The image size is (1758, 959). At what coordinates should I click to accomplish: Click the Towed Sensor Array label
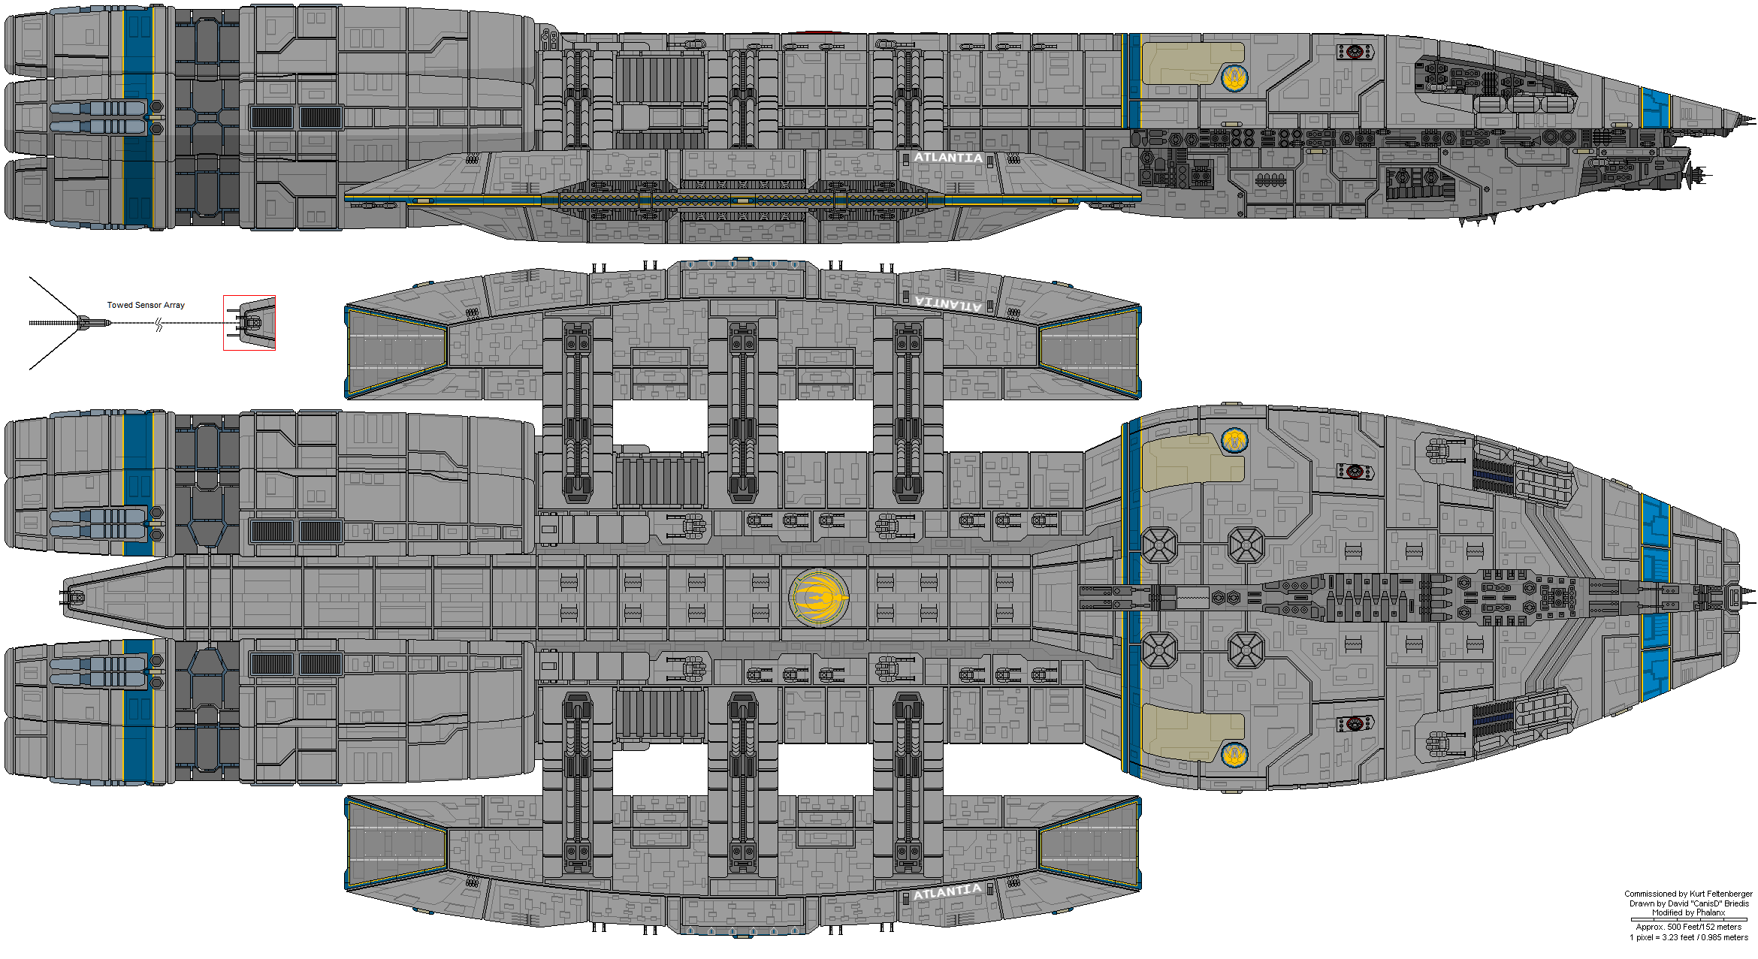tap(146, 305)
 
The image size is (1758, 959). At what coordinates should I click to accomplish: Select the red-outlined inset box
tap(249, 323)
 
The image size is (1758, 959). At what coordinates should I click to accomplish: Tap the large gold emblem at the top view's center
tap(819, 598)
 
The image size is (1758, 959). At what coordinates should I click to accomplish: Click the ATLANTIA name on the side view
tap(948, 158)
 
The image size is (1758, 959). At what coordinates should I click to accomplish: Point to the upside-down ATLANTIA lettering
tap(948, 304)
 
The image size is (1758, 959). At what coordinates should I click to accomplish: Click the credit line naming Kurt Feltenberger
tap(1688, 894)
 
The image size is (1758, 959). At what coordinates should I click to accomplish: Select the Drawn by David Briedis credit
tap(1688, 903)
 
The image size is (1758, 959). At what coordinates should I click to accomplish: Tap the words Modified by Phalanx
tap(1688, 912)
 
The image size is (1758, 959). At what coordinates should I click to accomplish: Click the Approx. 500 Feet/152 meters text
tap(1688, 927)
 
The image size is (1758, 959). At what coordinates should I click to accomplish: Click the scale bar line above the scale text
tap(1688, 919)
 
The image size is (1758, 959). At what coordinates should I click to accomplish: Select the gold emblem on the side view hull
tap(1234, 77)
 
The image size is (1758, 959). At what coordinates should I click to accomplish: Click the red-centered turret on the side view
tap(1355, 52)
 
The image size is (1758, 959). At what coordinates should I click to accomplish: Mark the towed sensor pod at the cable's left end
tap(93, 323)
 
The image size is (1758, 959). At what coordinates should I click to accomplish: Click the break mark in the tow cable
tap(159, 324)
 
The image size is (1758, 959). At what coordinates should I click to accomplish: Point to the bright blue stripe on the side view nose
tap(1654, 109)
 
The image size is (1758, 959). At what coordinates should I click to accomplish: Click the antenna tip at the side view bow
tap(1755, 119)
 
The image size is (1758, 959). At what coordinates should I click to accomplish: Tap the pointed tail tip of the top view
tap(63, 598)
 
